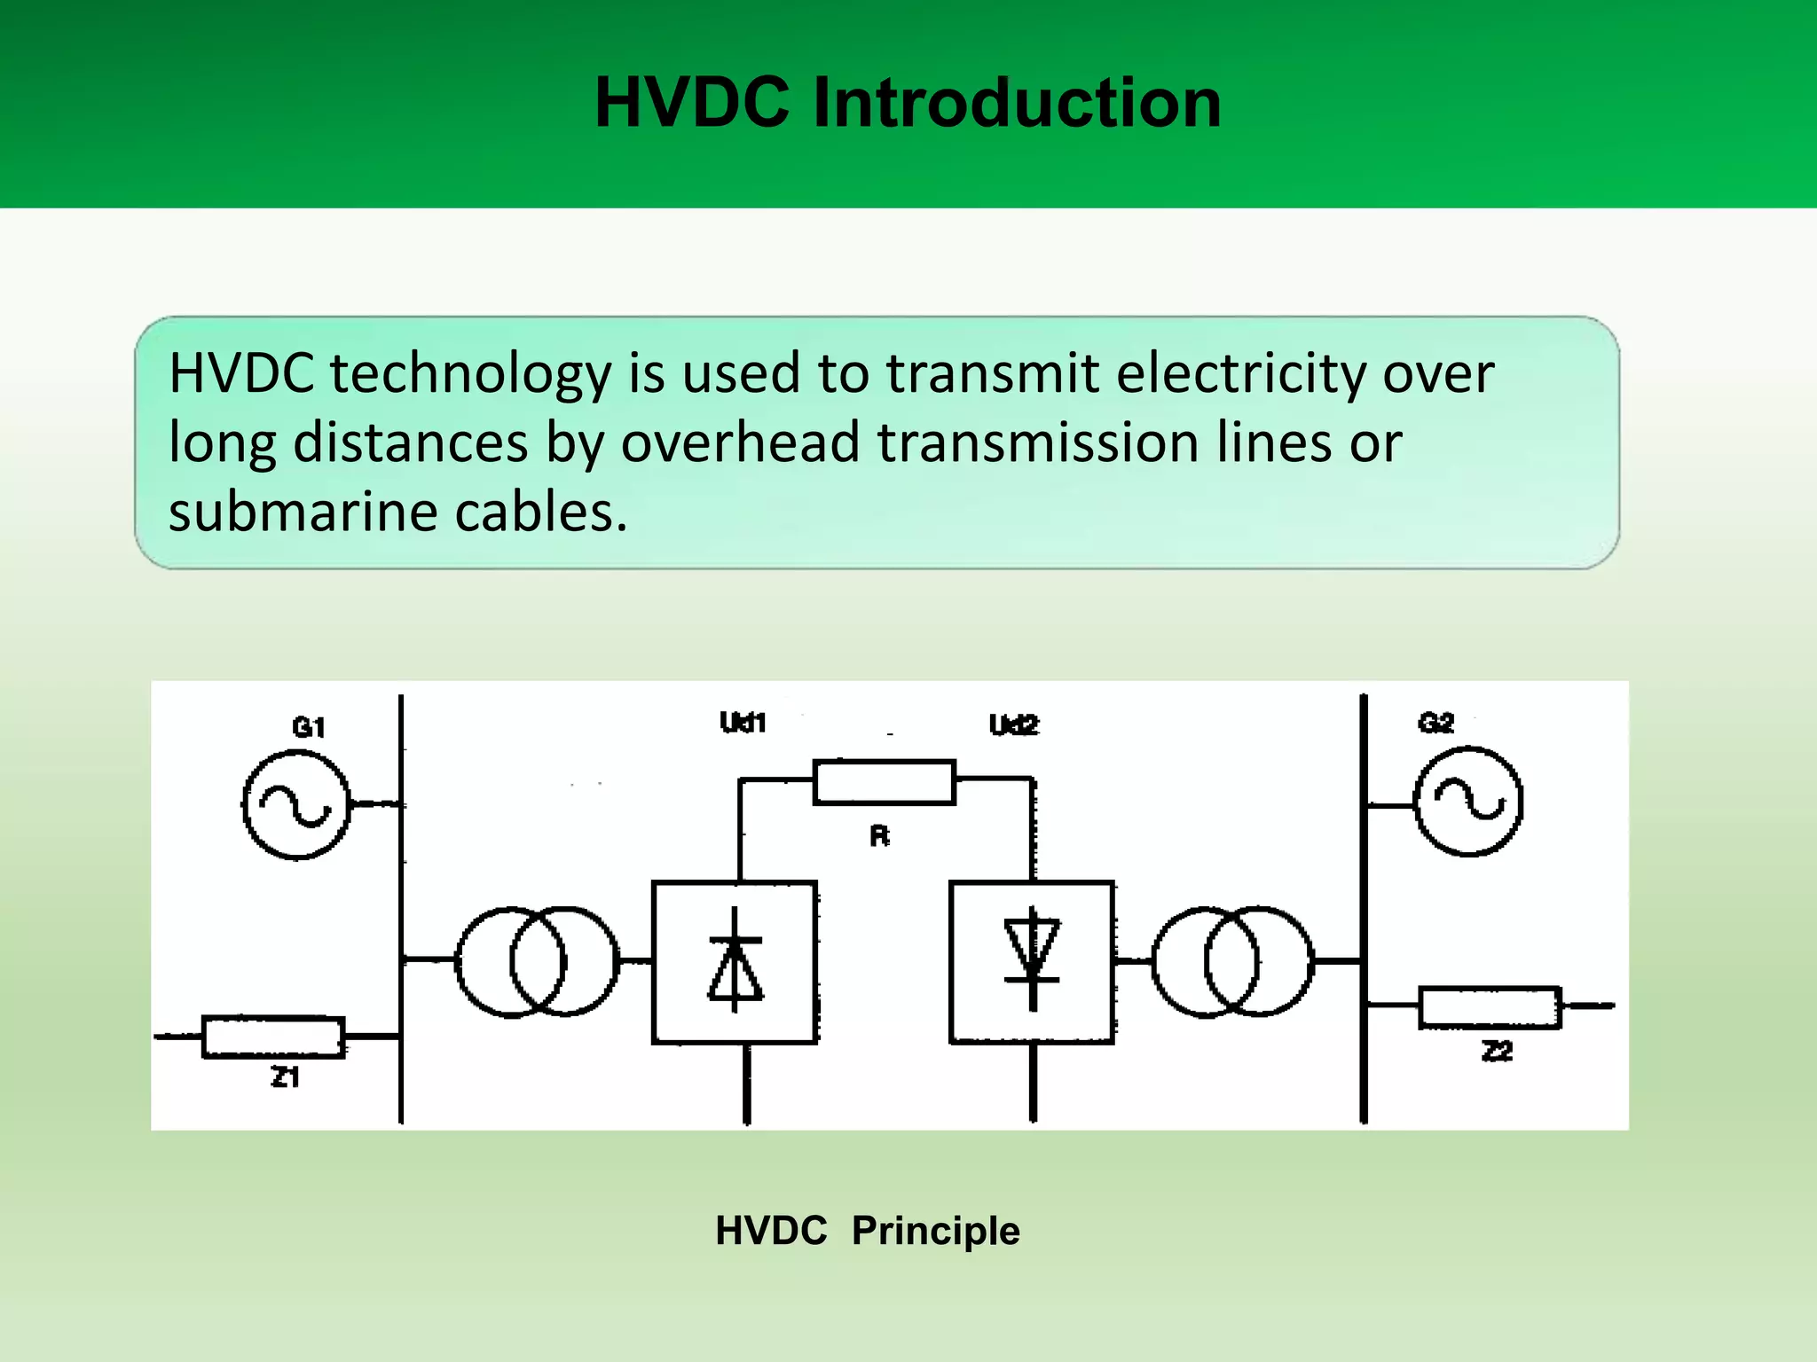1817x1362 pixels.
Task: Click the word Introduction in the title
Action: (x=1017, y=103)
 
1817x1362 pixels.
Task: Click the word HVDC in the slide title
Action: (x=691, y=103)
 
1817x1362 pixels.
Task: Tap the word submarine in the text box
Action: (x=303, y=513)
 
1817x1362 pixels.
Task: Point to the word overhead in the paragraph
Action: (x=740, y=442)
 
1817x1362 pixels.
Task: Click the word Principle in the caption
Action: (x=935, y=1231)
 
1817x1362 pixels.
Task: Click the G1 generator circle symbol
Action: (x=296, y=805)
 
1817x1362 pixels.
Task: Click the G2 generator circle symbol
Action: (x=1468, y=802)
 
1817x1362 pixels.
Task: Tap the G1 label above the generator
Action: (x=309, y=727)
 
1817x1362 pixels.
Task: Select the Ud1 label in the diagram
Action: (x=743, y=723)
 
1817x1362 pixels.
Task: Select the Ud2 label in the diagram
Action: (x=1013, y=724)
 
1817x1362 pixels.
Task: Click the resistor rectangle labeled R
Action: (x=885, y=782)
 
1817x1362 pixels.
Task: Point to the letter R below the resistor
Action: (x=879, y=836)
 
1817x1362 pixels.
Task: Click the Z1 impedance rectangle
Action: (x=273, y=1037)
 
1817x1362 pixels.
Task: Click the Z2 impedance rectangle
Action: (x=1489, y=1007)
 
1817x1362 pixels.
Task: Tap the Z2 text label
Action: (x=1497, y=1052)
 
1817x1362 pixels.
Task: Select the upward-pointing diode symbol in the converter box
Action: (x=735, y=962)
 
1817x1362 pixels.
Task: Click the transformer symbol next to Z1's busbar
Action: (x=537, y=961)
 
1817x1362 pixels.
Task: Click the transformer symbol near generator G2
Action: (x=1232, y=961)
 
